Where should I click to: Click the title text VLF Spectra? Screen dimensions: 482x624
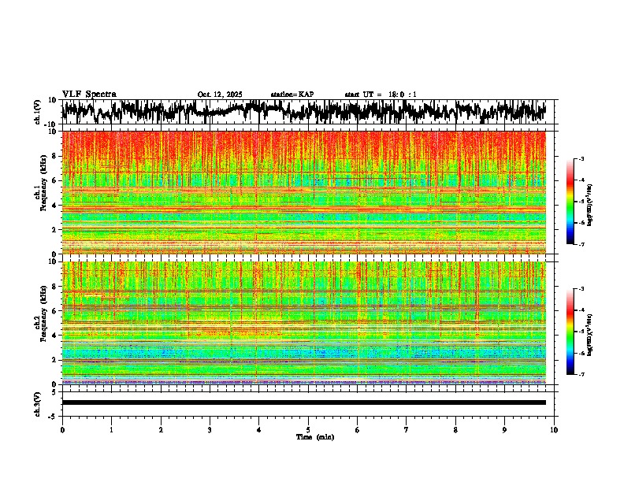point(89,94)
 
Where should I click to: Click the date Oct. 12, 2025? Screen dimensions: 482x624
point(220,95)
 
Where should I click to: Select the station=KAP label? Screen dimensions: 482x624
point(292,95)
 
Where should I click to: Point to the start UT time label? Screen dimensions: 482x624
point(381,95)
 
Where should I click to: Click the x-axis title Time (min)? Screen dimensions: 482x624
point(314,436)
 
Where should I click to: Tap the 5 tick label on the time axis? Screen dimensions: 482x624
point(308,429)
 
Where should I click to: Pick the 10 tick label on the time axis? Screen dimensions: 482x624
point(554,429)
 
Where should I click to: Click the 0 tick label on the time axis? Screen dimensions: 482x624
point(62,429)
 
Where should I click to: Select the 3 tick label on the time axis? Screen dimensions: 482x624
point(210,429)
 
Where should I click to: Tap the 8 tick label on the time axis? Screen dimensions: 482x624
point(455,429)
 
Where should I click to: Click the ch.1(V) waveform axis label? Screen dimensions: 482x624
point(37,112)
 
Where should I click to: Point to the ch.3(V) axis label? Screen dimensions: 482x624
point(37,402)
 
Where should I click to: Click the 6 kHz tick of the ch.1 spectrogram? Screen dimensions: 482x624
point(54,180)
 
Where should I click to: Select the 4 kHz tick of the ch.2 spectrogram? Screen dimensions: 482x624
point(54,335)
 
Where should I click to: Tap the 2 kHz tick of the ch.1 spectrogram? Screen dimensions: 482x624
point(54,229)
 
